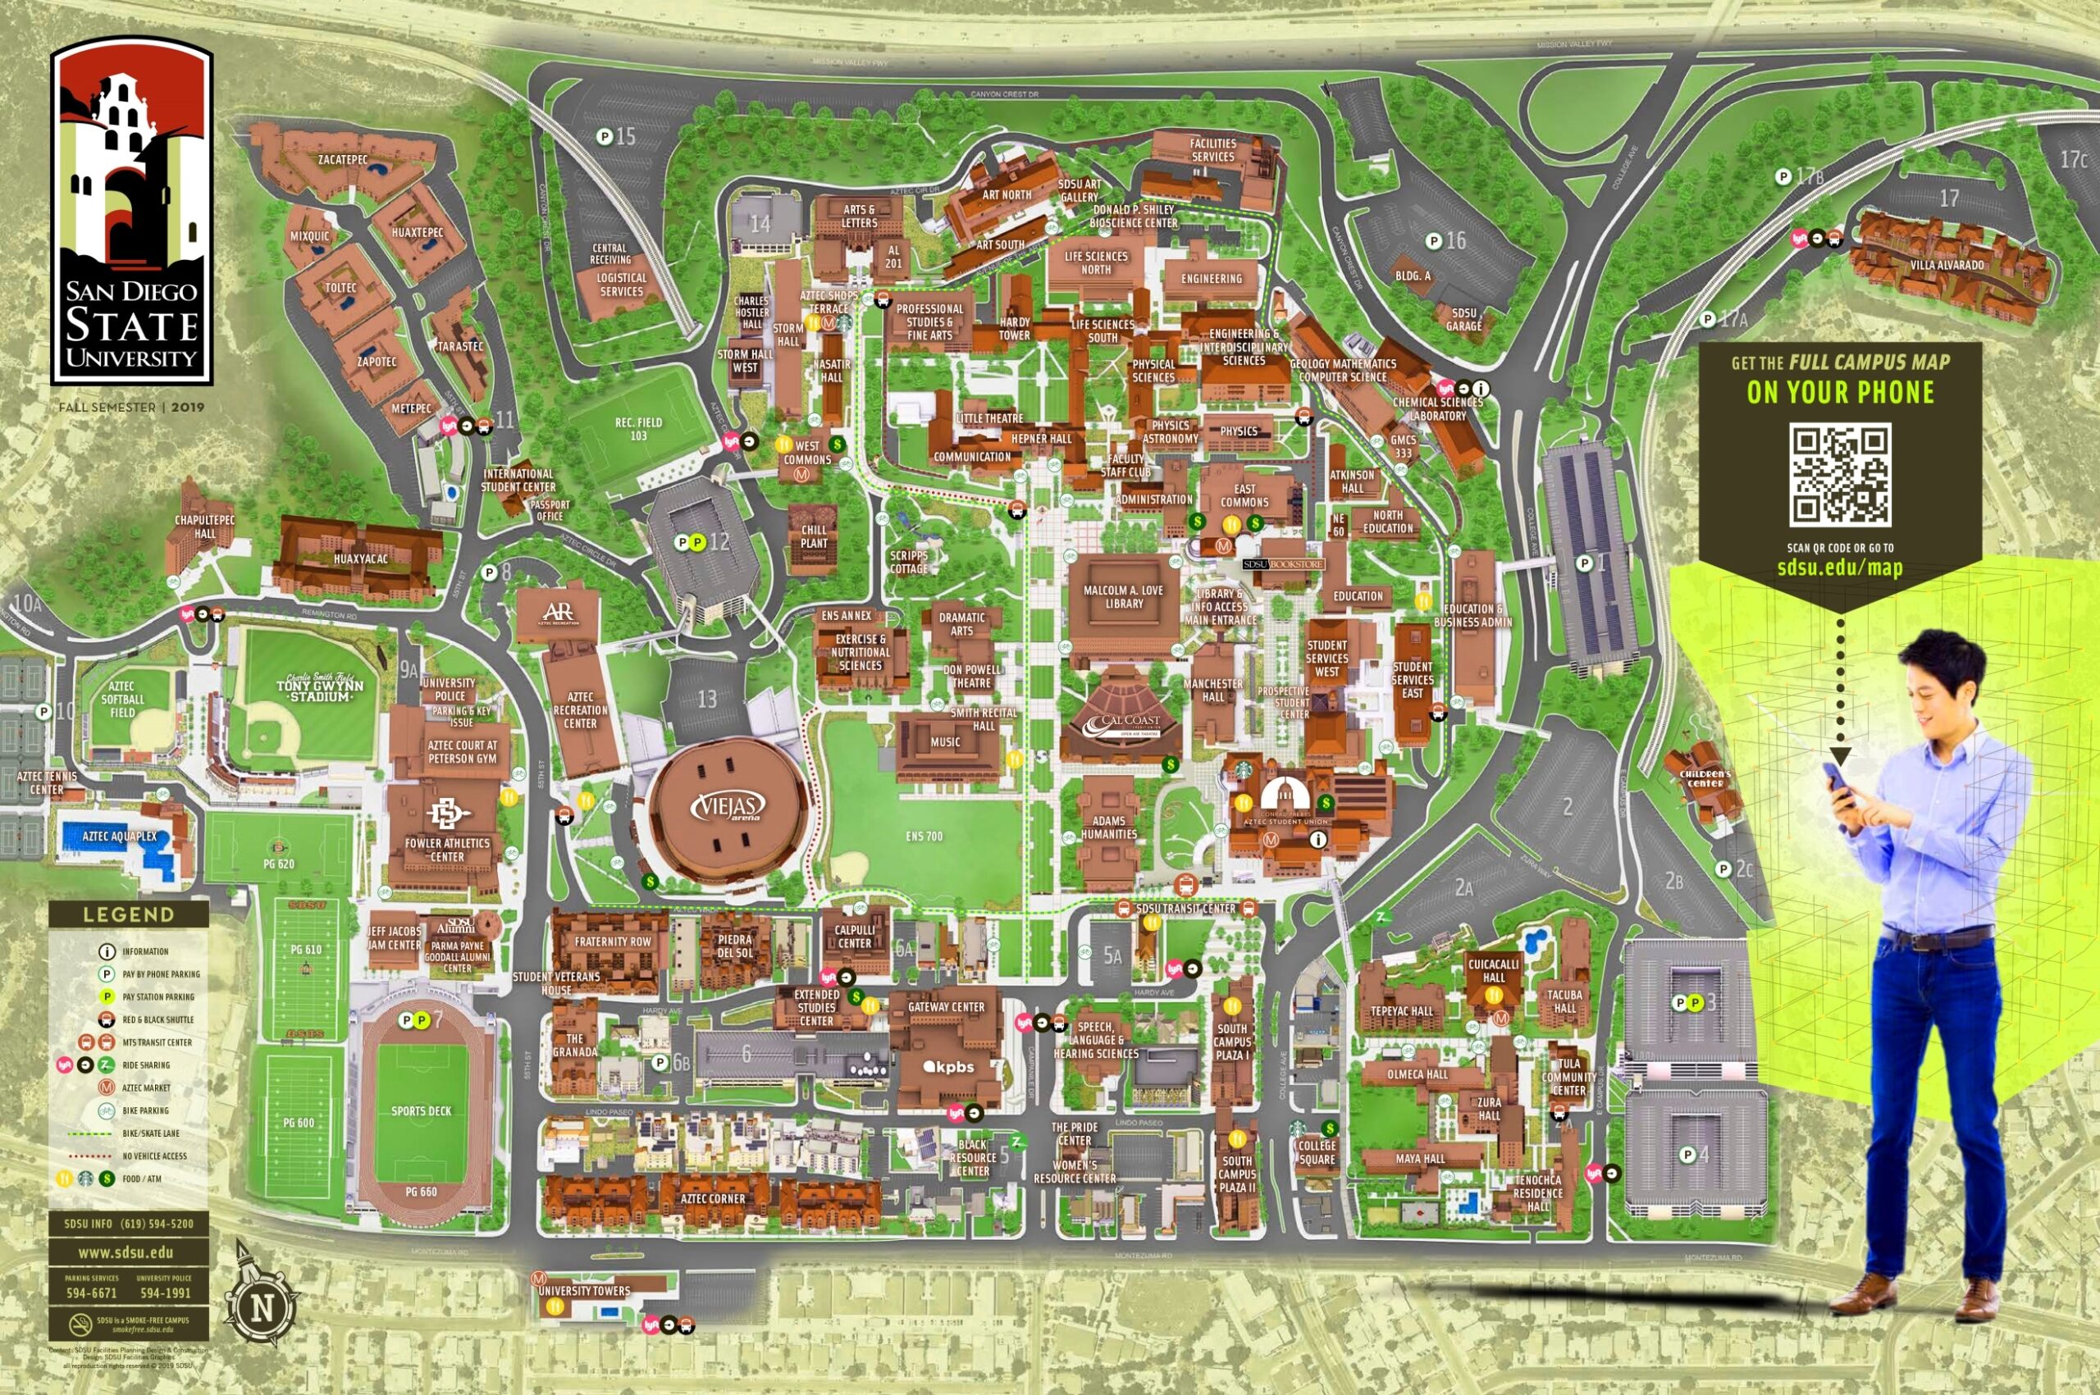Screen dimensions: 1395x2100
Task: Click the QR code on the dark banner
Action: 1840,475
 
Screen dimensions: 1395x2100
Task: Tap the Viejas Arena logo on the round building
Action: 728,806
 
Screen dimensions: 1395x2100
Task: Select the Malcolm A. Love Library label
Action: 1123,597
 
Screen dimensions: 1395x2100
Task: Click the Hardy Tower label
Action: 1015,328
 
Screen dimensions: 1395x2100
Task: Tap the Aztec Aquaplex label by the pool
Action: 119,837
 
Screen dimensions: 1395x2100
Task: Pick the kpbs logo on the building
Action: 948,1067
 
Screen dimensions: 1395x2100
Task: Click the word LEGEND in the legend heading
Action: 129,914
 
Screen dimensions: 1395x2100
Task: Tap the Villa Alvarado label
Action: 1946,265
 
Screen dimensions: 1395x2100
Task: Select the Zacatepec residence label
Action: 343,160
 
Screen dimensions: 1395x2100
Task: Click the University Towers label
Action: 584,1291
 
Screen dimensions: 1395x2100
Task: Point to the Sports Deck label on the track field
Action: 421,1111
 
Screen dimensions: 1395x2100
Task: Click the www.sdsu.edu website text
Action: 126,1252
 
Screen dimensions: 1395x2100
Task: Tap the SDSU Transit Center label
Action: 1185,909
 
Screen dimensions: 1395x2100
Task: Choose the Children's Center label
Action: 1705,778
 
